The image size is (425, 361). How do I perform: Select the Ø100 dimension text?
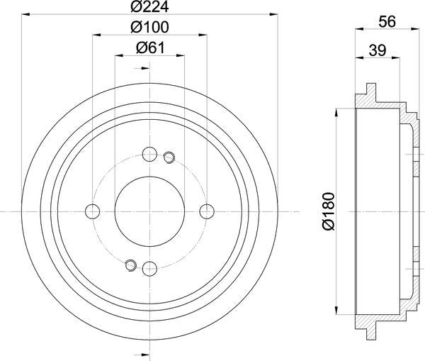tap(149, 29)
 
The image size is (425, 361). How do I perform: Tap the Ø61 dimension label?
tap(149, 48)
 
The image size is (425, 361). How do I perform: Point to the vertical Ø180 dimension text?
tap(327, 211)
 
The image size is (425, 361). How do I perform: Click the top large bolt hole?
tap(149, 154)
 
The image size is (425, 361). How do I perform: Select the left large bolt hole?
tap(92, 211)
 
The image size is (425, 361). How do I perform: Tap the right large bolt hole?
tap(207, 211)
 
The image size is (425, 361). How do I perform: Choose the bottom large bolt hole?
tap(149, 269)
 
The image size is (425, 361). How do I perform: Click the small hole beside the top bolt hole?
tap(169, 157)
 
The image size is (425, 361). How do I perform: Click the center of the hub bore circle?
tap(149, 211)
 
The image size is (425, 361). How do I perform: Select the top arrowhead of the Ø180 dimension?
tap(336, 112)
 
